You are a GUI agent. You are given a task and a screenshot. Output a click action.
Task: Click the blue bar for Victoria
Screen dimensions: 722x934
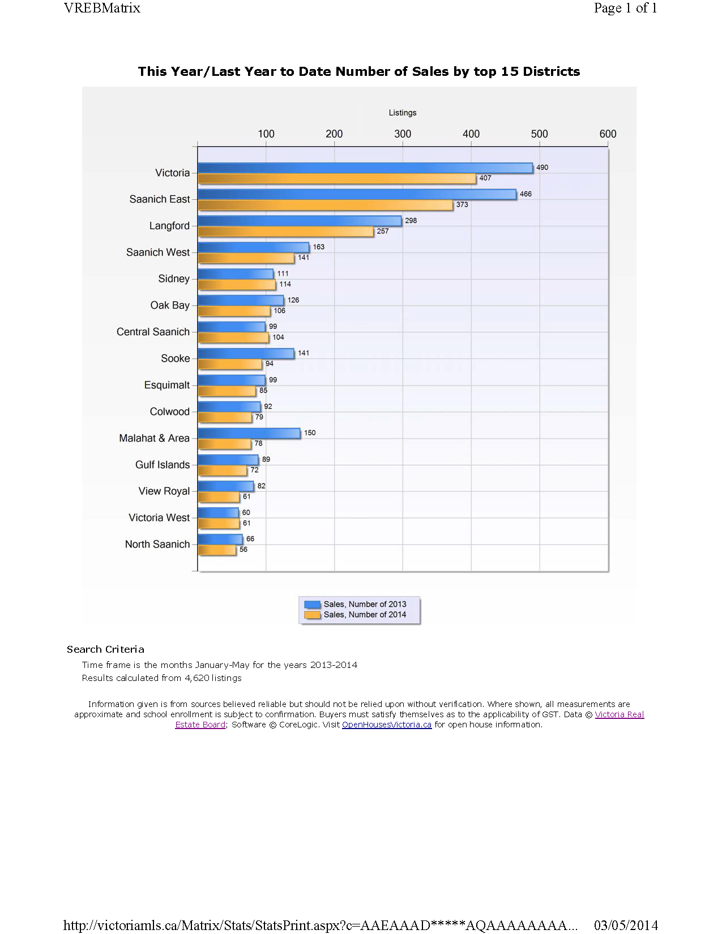coord(365,168)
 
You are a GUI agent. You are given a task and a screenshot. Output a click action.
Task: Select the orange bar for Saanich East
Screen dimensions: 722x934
coord(325,205)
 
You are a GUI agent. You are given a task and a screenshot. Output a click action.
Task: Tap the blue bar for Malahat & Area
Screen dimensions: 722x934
coord(249,433)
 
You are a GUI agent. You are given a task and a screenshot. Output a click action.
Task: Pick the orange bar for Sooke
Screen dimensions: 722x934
coord(230,364)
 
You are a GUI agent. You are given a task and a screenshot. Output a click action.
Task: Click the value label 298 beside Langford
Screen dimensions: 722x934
coord(411,221)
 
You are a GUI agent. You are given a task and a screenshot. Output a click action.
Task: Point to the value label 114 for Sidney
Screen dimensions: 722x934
coord(285,284)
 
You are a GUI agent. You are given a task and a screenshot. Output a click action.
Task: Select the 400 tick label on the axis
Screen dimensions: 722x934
coord(471,134)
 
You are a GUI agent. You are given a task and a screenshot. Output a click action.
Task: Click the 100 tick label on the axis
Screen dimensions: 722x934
coord(266,134)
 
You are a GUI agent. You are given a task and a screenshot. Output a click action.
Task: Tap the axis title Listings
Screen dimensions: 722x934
coord(403,113)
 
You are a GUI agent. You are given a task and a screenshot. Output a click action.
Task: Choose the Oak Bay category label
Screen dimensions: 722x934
coord(170,305)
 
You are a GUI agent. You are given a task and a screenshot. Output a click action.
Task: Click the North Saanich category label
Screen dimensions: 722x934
coord(157,544)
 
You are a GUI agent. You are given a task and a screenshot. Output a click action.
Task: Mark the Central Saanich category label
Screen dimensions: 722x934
coord(153,332)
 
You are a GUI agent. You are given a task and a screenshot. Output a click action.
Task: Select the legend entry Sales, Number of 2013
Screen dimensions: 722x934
coord(355,604)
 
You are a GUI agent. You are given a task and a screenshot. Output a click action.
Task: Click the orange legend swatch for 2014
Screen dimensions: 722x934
coord(312,615)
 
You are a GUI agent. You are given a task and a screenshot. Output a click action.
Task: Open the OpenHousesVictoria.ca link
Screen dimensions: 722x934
coord(387,725)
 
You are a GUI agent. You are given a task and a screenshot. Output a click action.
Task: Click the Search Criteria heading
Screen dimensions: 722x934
coord(105,649)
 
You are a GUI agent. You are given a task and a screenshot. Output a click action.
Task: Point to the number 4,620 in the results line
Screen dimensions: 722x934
coord(197,678)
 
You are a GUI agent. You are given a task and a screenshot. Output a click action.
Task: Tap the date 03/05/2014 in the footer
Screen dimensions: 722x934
coord(626,926)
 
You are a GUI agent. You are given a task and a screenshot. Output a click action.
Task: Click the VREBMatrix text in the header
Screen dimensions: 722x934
coord(102,8)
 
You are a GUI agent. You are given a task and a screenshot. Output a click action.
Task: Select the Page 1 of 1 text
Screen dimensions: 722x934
coord(625,8)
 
